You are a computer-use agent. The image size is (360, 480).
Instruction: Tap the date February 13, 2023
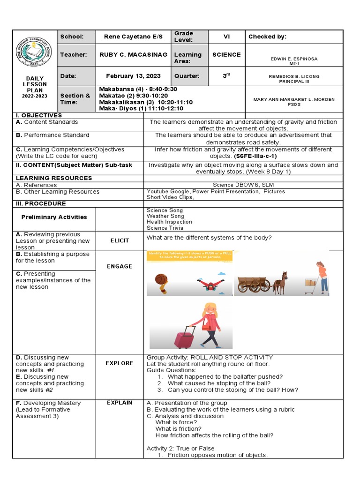tap(133, 76)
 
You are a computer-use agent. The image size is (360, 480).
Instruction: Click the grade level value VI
tap(226, 37)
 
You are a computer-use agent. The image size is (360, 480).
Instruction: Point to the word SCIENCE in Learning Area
tap(226, 55)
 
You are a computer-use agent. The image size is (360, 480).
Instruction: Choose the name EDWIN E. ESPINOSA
tap(294, 59)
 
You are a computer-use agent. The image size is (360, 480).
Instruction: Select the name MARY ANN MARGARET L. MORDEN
tap(294, 99)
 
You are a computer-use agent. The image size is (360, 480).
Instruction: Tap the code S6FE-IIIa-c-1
tap(255, 156)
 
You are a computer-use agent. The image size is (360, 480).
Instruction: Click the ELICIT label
tap(120, 240)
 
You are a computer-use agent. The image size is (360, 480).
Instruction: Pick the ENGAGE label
tap(120, 266)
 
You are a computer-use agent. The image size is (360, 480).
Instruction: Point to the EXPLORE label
tap(120, 363)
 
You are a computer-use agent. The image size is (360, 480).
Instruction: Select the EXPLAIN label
tap(120, 403)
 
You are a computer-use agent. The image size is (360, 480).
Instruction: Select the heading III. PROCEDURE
tap(41, 203)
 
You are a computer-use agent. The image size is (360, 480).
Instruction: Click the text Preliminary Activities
tap(54, 217)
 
